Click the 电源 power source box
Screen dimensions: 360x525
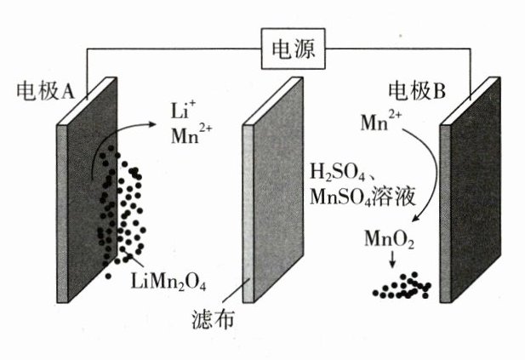tap(293, 50)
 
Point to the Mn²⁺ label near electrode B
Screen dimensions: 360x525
tap(382, 124)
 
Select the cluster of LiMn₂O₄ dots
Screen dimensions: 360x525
tap(120, 209)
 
